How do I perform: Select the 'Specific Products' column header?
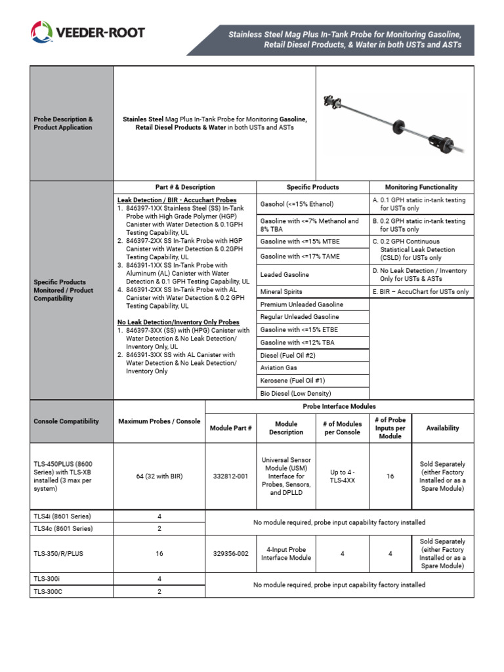[312, 187]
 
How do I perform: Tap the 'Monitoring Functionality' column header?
[421, 187]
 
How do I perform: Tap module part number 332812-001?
[230, 476]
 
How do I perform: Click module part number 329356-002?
[230, 554]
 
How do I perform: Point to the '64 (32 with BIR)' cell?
[159, 476]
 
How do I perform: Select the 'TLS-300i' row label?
[47, 579]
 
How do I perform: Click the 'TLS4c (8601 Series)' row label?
[64, 528]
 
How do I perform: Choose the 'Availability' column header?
[442, 428]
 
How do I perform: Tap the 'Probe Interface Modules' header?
[339, 407]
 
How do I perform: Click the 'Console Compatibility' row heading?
[66, 421]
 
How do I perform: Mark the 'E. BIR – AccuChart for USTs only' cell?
[421, 291]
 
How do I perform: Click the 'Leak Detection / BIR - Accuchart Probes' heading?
[177, 199]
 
